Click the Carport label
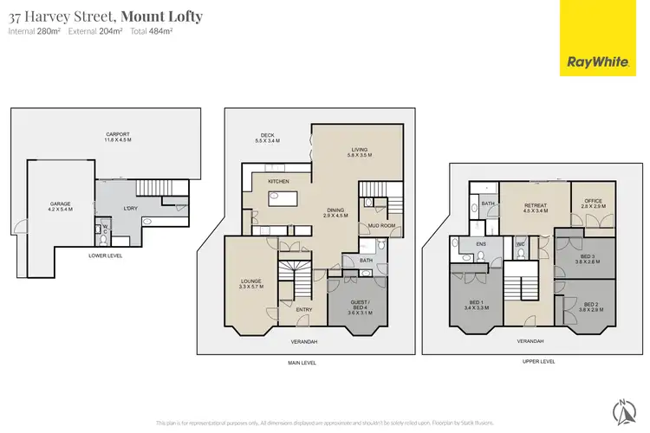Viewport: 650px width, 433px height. pos(117,137)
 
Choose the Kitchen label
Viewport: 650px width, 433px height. pos(278,181)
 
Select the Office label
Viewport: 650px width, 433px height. pos(593,203)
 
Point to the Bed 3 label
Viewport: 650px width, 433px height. pos(587,259)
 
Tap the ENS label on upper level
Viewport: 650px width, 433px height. pos(481,245)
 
